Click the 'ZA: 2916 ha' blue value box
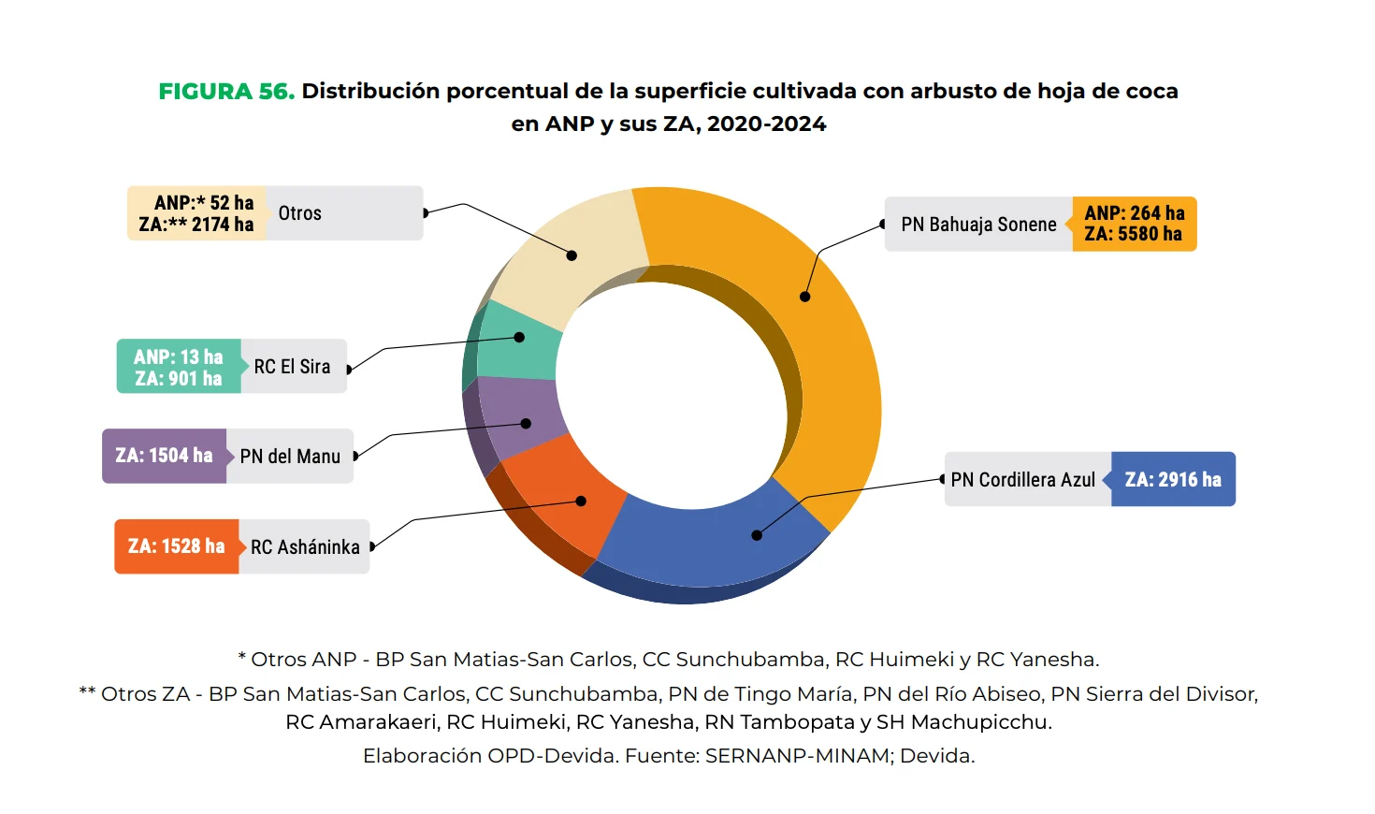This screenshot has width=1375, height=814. [x=1173, y=480]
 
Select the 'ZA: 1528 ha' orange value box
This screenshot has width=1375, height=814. [x=177, y=546]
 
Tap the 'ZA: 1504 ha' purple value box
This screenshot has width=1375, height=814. [x=164, y=456]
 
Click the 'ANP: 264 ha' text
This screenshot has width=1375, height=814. [x=1134, y=213]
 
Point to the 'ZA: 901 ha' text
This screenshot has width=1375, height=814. [x=179, y=379]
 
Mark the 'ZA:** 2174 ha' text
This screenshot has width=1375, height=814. [x=196, y=225]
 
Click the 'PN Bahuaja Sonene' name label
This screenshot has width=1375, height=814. [x=978, y=225]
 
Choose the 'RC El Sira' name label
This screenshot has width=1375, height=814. [x=292, y=367]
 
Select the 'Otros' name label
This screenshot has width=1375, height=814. [x=300, y=213]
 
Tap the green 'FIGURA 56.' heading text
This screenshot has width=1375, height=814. [x=226, y=92]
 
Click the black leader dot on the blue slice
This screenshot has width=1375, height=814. [x=757, y=535]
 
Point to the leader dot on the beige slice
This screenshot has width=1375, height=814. [x=572, y=255]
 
